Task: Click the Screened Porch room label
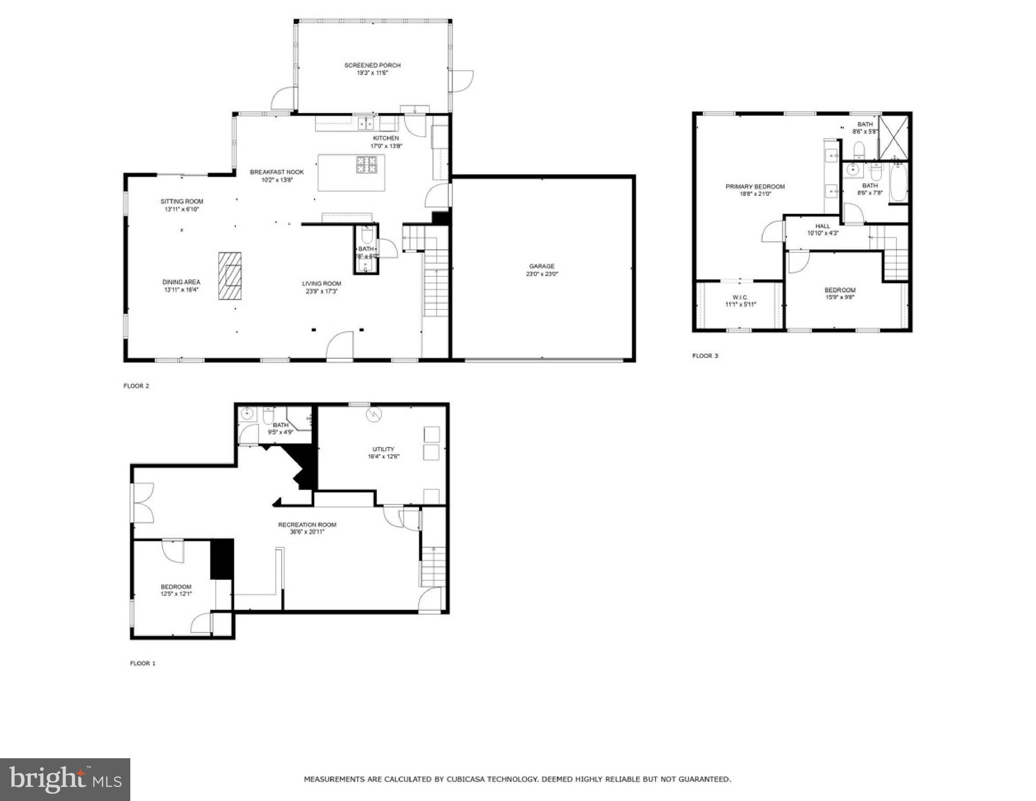tap(372, 65)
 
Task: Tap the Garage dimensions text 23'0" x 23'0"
tap(541, 274)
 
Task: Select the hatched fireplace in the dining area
tap(230, 276)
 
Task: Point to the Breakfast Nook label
tap(277, 172)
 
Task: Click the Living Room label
tap(322, 284)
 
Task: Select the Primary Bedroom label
tap(755, 187)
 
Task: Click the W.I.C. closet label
tap(740, 297)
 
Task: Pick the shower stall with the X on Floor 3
tap(894, 137)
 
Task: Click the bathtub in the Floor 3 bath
tap(898, 183)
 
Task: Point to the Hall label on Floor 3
tap(823, 226)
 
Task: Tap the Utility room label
tap(383, 449)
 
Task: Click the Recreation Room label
tap(307, 525)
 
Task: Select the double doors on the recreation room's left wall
tap(143, 503)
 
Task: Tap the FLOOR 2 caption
tap(136, 386)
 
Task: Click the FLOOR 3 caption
tap(705, 356)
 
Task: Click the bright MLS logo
tap(65, 780)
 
